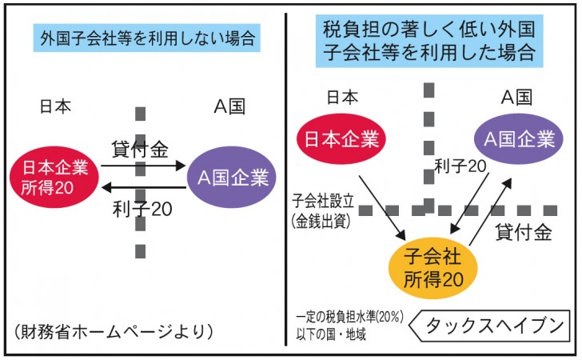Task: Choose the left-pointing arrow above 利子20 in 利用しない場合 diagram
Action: [144, 187]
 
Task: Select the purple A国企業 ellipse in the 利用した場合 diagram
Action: [516, 138]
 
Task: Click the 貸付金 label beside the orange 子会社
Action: [523, 234]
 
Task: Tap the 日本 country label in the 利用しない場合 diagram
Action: [55, 106]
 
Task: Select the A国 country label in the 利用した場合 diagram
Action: [516, 98]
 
